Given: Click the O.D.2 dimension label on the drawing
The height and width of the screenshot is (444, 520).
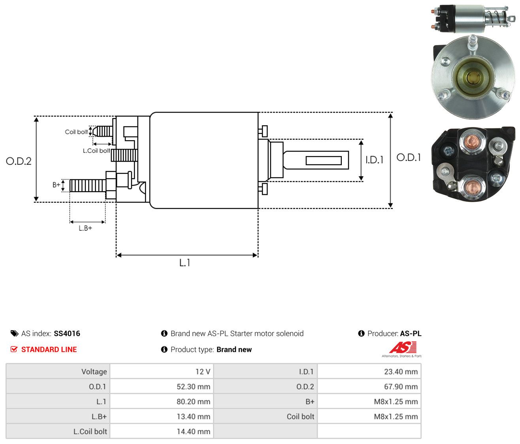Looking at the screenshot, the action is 19,161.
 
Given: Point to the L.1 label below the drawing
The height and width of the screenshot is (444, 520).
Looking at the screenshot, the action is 185,263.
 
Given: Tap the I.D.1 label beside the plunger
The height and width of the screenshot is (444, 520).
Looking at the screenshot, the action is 374,160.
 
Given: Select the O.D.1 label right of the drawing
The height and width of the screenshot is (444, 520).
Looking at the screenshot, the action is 409,158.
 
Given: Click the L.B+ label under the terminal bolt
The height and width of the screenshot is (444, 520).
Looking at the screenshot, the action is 85,228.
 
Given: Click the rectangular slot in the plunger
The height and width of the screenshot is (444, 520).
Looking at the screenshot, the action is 324,160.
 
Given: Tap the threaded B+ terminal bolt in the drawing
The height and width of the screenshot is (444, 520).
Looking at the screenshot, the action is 88,185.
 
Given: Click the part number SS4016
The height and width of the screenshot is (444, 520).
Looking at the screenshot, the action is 67,333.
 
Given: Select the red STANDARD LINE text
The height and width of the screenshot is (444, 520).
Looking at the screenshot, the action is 49,350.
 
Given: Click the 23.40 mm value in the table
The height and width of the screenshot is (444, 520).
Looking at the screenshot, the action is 401,372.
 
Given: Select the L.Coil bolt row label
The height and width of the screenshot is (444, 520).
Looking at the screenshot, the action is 90,431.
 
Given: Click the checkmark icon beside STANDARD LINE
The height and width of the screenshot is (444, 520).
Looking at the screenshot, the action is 14,349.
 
